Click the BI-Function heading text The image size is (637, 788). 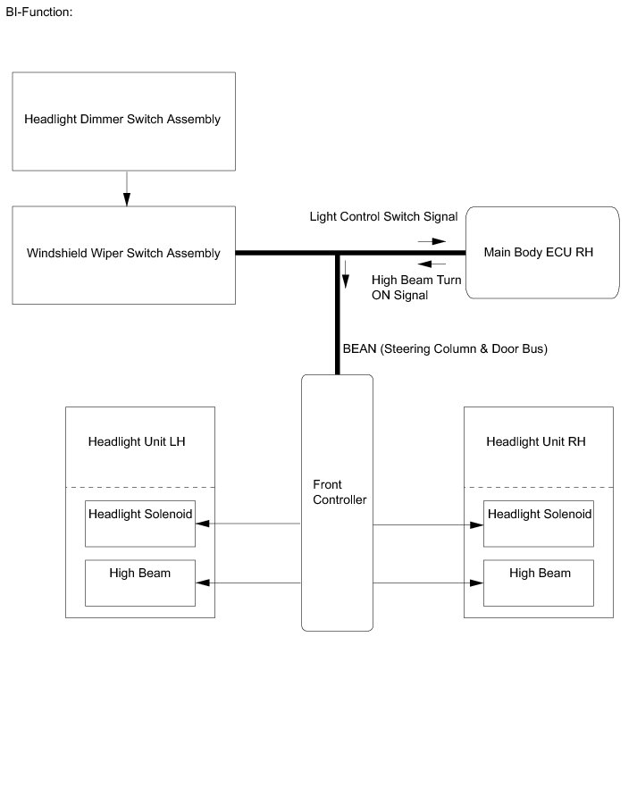pyautogui.click(x=39, y=13)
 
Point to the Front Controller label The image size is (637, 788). pyautogui.click(x=339, y=492)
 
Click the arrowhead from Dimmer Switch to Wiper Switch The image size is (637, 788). pyautogui.click(x=127, y=199)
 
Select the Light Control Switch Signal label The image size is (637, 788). pyautogui.click(x=383, y=216)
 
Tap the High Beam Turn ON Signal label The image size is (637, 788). pyautogui.click(x=416, y=288)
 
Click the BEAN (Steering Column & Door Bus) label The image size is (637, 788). pyautogui.click(x=445, y=348)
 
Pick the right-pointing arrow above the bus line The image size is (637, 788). pyautogui.click(x=432, y=241)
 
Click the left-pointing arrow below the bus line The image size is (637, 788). pyautogui.click(x=432, y=264)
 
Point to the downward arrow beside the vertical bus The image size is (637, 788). pyautogui.click(x=346, y=274)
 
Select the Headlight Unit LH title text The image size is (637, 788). pyautogui.click(x=137, y=441)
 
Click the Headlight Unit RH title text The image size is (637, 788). pyautogui.click(x=536, y=441)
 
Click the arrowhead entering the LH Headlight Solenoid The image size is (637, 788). pyautogui.click(x=203, y=524)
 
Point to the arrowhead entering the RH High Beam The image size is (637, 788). pyautogui.click(x=476, y=583)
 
